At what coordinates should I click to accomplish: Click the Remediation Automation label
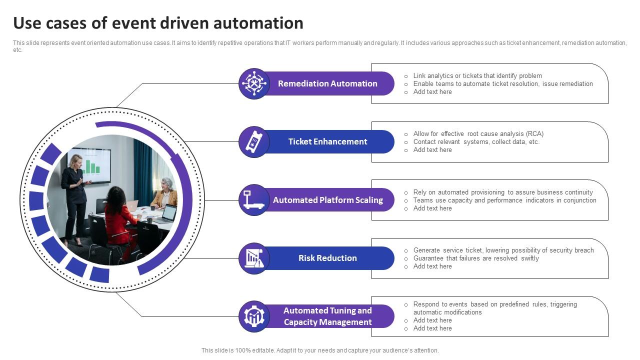click(327, 83)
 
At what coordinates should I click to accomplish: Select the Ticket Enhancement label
click(327, 141)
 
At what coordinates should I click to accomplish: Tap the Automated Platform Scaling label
click(327, 200)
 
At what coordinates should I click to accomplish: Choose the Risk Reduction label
click(327, 258)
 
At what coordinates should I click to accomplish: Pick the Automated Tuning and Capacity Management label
click(327, 316)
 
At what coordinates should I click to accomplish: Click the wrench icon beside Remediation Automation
click(254, 83)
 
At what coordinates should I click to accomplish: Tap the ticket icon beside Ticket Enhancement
click(254, 141)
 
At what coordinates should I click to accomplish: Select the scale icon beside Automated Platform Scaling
click(254, 200)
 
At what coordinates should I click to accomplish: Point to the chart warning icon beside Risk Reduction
click(254, 258)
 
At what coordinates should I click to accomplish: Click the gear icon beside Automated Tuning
click(254, 316)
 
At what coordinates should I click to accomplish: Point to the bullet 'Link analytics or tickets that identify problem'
click(477, 76)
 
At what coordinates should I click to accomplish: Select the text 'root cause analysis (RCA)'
click(505, 134)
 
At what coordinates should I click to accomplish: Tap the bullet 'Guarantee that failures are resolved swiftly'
click(476, 258)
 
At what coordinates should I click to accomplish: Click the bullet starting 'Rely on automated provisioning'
click(503, 192)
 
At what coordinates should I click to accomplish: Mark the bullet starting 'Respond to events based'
click(495, 304)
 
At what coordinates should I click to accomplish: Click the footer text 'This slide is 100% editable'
click(320, 350)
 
